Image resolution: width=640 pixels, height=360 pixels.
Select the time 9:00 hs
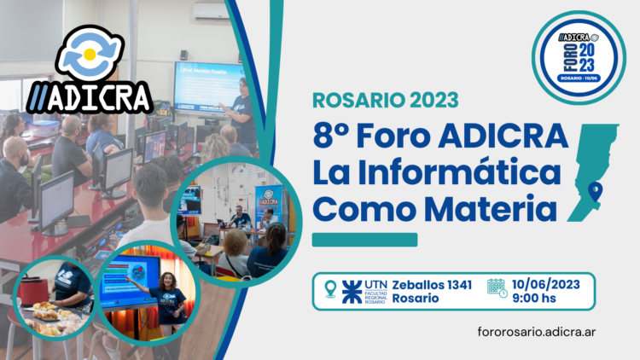click(x=536, y=297)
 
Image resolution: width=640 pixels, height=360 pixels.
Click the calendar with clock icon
click(x=497, y=288)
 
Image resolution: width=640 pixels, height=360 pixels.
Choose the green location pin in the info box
click(x=330, y=289)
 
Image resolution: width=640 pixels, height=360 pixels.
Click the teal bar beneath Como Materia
click(x=364, y=241)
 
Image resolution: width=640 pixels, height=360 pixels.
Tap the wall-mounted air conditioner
click(x=212, y=11)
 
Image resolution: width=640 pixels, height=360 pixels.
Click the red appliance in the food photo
click(x=35, y=290)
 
